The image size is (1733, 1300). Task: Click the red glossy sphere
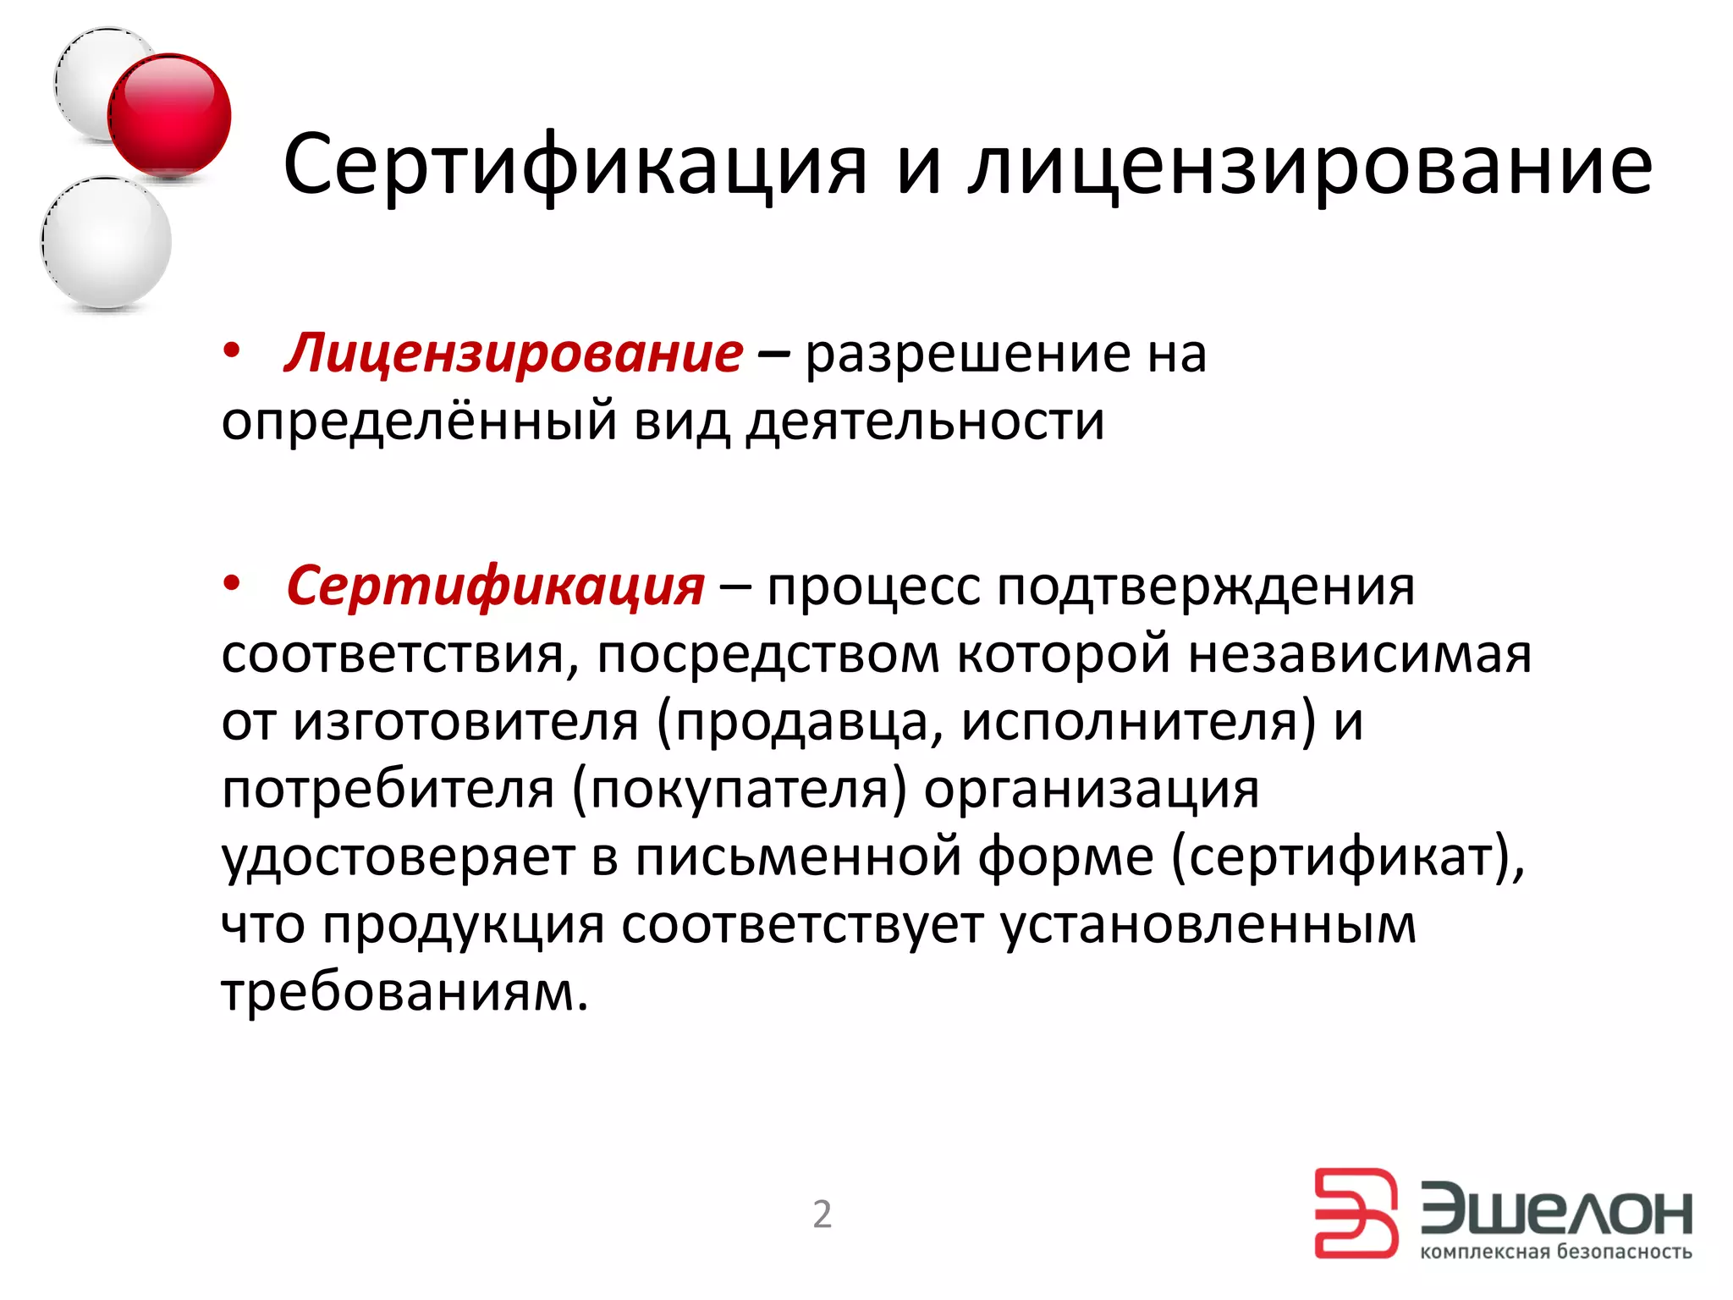click(169, 115)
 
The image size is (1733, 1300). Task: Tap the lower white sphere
click(107, 242)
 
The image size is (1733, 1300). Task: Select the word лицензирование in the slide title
click(1310, 164)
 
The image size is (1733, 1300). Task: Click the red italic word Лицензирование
click(514, 353)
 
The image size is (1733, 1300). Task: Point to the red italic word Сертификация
click(495, 586)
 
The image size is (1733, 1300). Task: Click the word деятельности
click(924, 421)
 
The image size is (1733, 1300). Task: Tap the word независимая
click(1360, 654)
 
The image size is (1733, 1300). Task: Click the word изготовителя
click(465, 722)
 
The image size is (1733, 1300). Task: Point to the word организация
click(1091, 790)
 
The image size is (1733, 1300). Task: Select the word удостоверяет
click(398, 857)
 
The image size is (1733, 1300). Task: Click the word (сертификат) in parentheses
click(1347, 857)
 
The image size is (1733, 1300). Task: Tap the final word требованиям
click(404, 991)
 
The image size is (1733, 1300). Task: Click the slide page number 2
click(822, 1215)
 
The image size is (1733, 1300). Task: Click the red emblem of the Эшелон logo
click(1356, 1213)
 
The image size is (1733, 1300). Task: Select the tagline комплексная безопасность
click(1555, 1252)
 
